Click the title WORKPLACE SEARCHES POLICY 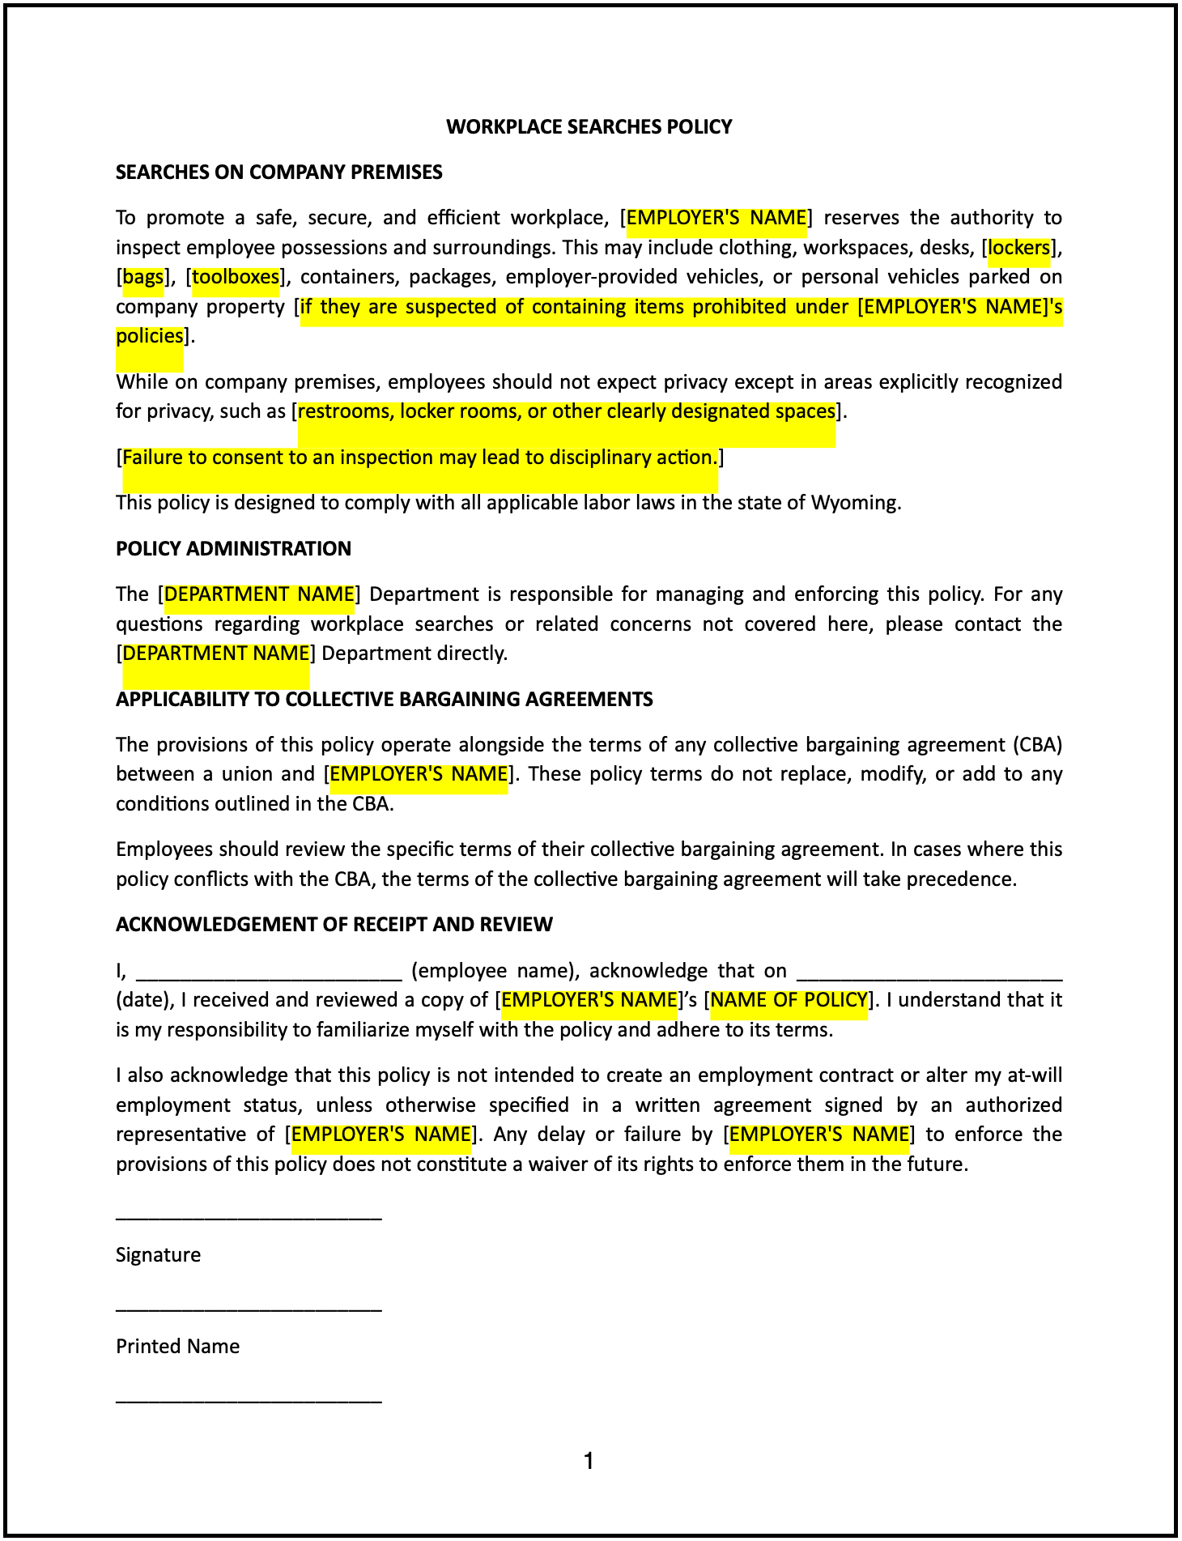pyautogui.click(x=589, y=126)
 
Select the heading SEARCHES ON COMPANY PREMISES pyautogui.click(x=278, y=172)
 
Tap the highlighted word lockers pyautogui.click(x=1018, y=247)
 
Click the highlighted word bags pyautogui.click(x=143, y=277)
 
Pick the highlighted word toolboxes pyautogui.click(x=236, y=277)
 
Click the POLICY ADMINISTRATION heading pyautogui.click(x=233, y=548)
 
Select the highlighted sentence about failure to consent pyautogui.click(x=419, y=458)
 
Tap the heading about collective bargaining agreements pyautogui.click(x=384, y=699)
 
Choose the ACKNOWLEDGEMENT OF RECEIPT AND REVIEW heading pyautogui.click(x=334, y=924)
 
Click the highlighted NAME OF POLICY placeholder pyautogui.click(x=789, y=999)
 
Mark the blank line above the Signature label pyautogui.click(x=249, y=1216)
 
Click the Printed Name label pyautogui.click(x=177, y=1346)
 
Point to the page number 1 pyautogui.click(x=589, y=1462)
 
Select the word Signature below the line pyautogui.click(x=158, y=1254)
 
